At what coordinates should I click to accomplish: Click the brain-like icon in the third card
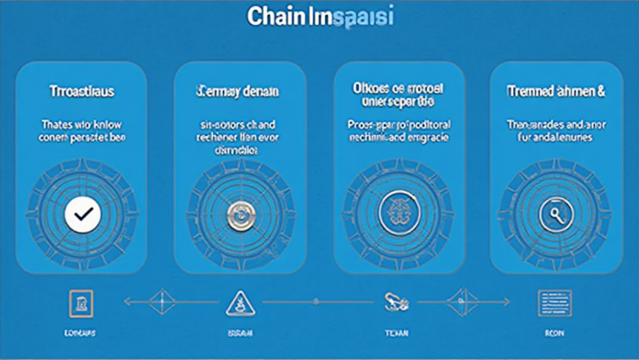click(398, 213)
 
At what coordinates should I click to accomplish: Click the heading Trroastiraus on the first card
click(82, 92)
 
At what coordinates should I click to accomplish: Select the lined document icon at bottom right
click(556, 300)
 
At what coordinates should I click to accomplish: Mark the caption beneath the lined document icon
click(556, 332)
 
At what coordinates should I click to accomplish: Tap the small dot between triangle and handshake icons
click(315, 300)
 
